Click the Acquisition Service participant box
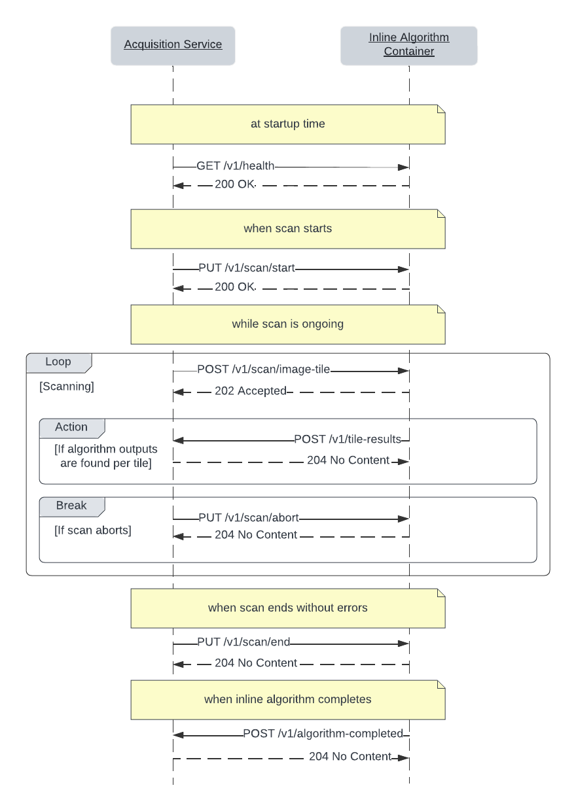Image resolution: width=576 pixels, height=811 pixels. [x=173, y=45]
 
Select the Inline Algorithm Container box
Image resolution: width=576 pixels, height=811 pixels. [x=408, y=45]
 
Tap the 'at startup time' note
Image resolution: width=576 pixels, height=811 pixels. [x=287, y=124]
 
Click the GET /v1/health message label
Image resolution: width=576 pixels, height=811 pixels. [x=236, y=166]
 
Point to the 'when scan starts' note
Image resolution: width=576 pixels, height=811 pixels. [x=287, y=228]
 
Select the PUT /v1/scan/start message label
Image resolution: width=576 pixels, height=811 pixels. [x=247, y=268]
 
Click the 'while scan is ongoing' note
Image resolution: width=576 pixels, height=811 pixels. [x=287, y=324]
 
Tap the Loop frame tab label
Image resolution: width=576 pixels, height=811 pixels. [x=58, y=362]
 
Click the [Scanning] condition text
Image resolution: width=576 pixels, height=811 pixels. [x=67, y=387]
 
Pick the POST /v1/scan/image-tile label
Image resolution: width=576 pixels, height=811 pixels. [x=263, y=370]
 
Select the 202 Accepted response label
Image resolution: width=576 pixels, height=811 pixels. [x=251, y=391]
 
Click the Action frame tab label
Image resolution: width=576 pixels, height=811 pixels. [x=71, y=427]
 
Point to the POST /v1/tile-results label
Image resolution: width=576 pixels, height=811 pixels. [x=347, y=440]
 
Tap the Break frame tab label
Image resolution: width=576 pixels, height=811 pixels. [x=71, y=506]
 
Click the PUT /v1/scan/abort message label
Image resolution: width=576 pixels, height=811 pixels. [x=249, y=518]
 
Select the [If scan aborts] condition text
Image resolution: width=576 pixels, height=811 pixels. [x=93, y=530]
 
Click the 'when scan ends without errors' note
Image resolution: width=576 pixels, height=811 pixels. [x=287, y=608]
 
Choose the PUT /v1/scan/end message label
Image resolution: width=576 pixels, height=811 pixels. [x=243, y=642]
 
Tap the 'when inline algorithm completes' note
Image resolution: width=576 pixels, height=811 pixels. [x=287, y=699]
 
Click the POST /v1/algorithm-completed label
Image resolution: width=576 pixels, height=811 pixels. [x=323, y=734]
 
